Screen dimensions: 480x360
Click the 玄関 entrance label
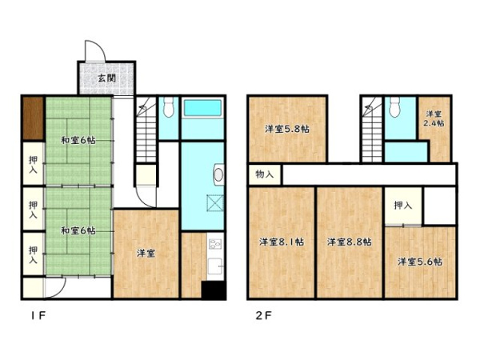[107, 78]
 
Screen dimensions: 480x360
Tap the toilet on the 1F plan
[168, 107]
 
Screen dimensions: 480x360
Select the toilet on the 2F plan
[395, 107]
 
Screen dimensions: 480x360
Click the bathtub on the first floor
[202, 108]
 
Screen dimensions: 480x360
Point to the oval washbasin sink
[218, 174]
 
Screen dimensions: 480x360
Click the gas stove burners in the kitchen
[215, 244]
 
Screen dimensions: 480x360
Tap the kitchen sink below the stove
[215, 267]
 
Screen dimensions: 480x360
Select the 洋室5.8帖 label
[287, 129]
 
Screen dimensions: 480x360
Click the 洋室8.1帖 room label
[282, 242]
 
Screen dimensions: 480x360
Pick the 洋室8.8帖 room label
[350, 242]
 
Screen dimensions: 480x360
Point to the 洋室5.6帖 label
[420, 262]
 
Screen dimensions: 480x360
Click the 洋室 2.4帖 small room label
[434, 118]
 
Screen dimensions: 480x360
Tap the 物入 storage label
[265, 174]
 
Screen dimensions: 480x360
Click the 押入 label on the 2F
[403, 206]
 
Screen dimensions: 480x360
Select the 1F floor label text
[38, 315]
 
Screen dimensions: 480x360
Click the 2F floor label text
[263, 315]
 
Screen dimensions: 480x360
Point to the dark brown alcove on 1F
[34, 118]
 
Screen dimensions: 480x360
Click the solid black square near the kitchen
[214, 290]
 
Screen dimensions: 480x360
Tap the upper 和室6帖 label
[78, 141]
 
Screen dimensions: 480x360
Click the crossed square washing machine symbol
[215, 203]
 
